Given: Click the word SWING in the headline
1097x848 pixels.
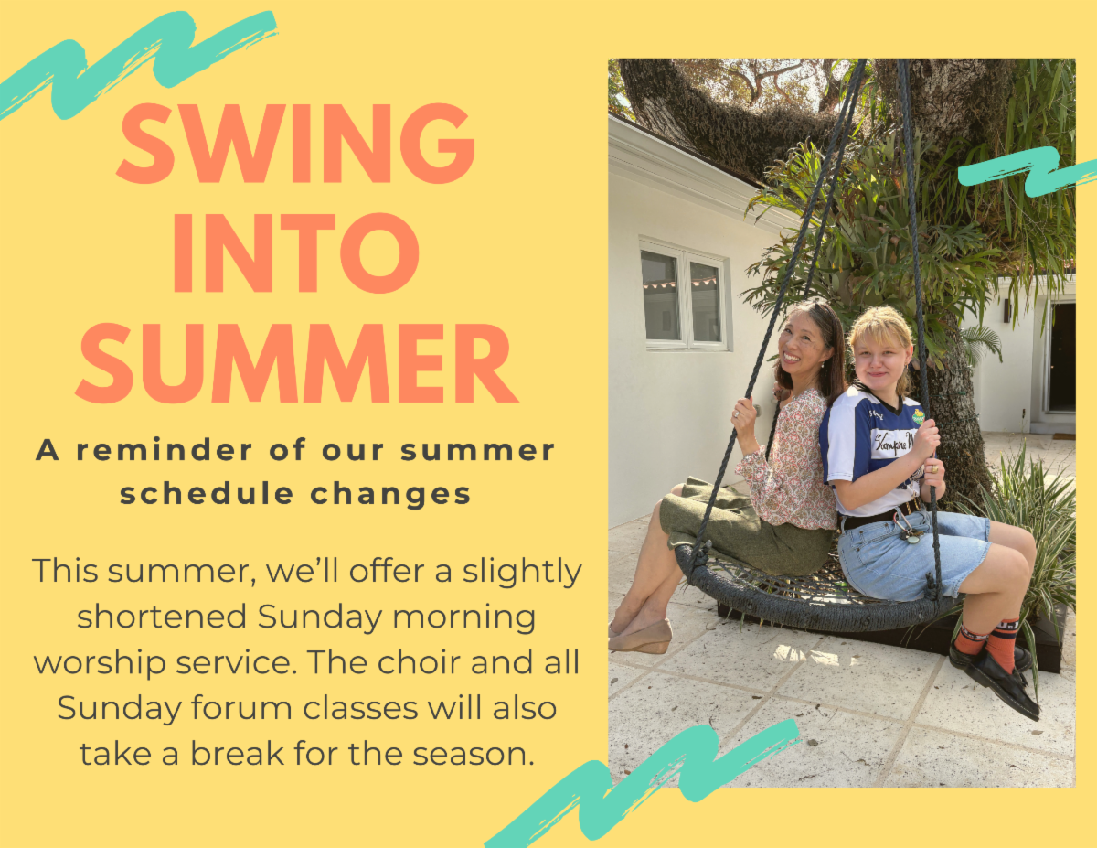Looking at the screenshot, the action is click(296, 144).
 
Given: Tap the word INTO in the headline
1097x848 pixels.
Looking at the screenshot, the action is click(296, 253).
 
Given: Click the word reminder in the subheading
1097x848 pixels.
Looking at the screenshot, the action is click(165, 450).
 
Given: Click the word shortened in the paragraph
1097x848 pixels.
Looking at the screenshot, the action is click(162, 617).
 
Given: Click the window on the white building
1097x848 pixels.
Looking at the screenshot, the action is click(685, 295).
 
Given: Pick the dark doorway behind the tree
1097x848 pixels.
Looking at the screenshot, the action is click(1061, 358).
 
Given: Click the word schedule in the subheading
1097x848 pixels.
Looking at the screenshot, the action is click(207, 493).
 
